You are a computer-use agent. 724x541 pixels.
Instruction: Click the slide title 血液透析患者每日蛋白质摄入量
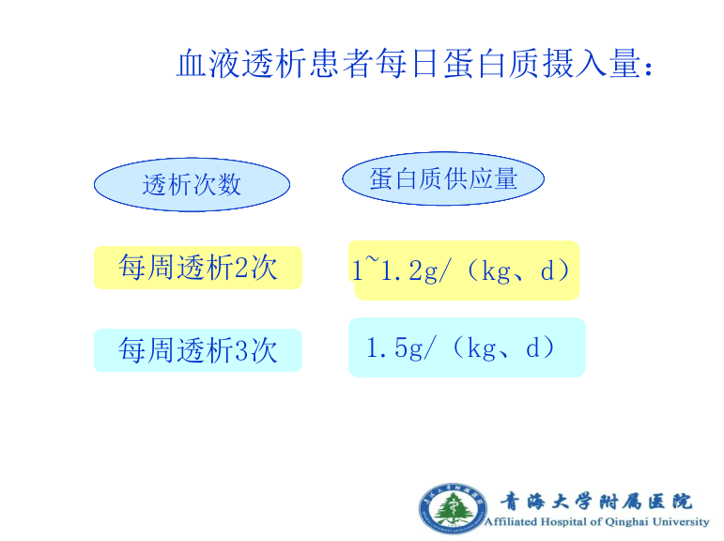coord(414,63)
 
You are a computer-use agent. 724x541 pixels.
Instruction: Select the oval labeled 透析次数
coord(193,185)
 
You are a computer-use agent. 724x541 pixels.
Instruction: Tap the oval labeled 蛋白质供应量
coord(443,178)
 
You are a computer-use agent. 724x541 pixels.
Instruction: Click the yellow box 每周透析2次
coord(198,268)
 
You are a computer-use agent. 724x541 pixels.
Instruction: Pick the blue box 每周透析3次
coord(198,350)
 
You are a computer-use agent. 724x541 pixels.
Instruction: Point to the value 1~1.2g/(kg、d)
coord(460,270)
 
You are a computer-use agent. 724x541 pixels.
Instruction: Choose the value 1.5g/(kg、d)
coord(460,348)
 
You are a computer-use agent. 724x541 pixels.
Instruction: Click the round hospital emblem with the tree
coord(453,508)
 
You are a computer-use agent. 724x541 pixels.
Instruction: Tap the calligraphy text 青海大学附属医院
coord(596,501)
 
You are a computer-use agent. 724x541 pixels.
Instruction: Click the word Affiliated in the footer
coord(511,521)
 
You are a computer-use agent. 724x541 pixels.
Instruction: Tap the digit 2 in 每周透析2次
coord(241,268)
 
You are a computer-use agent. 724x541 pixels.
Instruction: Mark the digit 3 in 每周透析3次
coord(241,350)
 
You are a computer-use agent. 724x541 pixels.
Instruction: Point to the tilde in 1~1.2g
coord(372,261)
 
